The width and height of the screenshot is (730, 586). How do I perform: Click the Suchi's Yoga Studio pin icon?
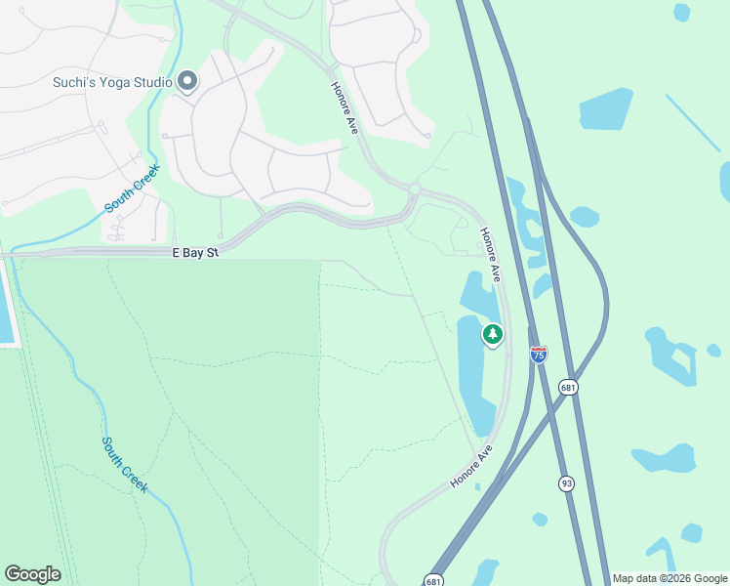coord(186,83)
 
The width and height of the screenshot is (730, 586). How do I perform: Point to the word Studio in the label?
coord(154,83)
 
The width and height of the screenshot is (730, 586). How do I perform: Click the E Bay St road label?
coord(196,253)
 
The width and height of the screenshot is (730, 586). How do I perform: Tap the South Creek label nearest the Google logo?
coord(125,464)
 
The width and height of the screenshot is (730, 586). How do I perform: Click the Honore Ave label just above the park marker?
coord(489,255)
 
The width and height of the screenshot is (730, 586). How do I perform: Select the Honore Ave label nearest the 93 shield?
coord(472,466)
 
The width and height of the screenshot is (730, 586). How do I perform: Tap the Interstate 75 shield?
coord(539,355)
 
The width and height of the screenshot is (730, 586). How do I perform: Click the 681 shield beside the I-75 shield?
coord(568,388)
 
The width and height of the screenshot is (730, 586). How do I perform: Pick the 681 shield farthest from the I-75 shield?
coord(434,580)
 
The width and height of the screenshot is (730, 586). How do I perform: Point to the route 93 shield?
coord(567,483)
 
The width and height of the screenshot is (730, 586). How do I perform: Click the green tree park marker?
coord(493,335)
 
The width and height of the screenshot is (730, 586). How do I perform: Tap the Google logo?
coord(32,574)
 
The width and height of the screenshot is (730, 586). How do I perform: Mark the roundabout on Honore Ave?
coord(414,188)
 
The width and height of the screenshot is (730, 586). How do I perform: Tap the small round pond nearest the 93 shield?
coord(540,519)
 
